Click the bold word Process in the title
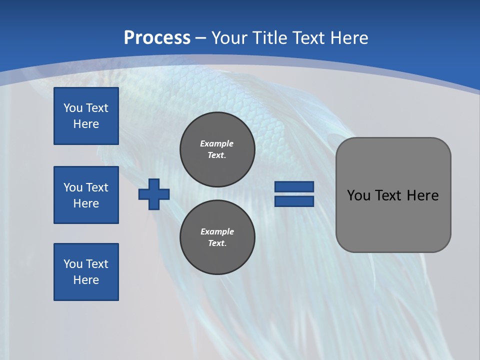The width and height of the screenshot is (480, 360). click(x=157, y=38)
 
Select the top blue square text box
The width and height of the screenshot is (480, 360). click(x=86, y=116)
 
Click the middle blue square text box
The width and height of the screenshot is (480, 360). click(x=86, y=195)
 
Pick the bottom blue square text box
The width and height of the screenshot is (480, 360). click(x=86, y=272)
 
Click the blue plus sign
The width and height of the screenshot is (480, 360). click(x=154, y=194)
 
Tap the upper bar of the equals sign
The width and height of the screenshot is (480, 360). click(x=294, y=186)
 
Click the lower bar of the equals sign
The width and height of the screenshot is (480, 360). click(x=294, y=201)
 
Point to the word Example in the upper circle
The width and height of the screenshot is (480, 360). click(x=217, y=143)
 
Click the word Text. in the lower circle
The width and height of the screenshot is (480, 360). click(x=217, y=243)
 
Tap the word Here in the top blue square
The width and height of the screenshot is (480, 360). click(x=86, y=124)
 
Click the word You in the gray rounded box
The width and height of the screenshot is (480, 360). click(x=359, y=195)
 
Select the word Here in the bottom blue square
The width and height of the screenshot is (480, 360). click(x=86, y=280)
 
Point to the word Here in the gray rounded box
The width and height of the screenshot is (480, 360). click(x=422, y=195)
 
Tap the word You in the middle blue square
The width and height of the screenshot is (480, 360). click(x=72, y=187)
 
